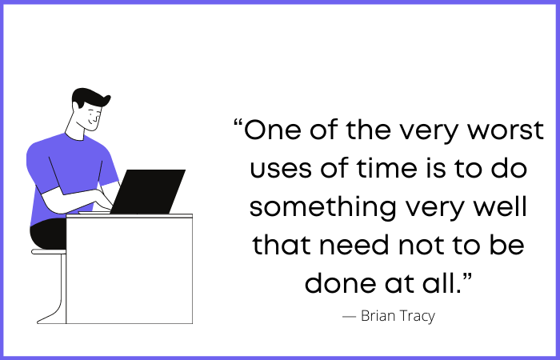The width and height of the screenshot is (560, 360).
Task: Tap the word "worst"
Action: tap(506, 130)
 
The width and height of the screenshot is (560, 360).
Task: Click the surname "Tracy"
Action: tap(417, 317)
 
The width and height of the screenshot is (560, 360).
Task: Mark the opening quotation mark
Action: tap(238, 123)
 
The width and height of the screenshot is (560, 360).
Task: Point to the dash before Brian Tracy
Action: tap(349, 317)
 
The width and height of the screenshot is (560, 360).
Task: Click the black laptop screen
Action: tap(148, 192)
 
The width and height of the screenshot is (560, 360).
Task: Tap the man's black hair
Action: tap(90, 97)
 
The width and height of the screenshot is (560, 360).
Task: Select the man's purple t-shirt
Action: tap(68, 168)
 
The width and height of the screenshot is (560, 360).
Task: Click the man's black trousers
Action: tap(48, 234)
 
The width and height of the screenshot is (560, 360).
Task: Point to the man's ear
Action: tap(76, 106)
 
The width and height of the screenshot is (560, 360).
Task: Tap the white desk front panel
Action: tap(130, 270)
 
